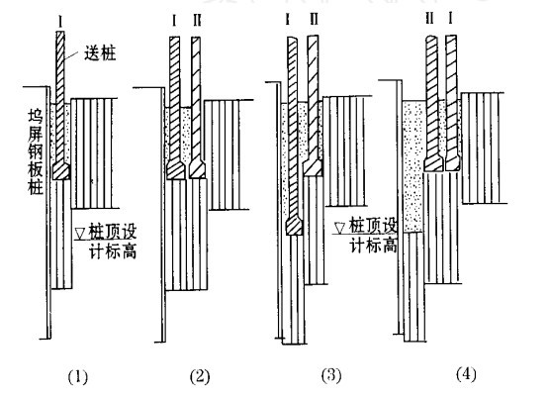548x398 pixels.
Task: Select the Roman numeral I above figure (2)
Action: [x=175, y=19]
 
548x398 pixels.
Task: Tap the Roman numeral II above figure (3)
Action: [x=314, y=19]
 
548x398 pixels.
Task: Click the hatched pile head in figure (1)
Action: [x=61, y=171]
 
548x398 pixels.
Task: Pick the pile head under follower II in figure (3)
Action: [x=315, y=168]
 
